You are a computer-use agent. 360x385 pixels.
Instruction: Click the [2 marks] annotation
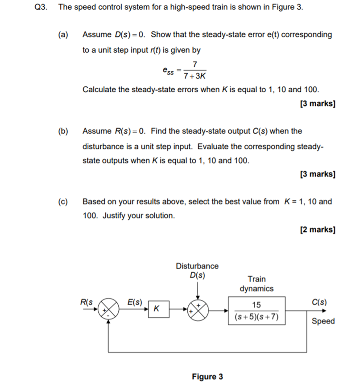(x=318, y=229)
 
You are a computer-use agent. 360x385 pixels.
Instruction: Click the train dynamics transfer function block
(x=257, y=311)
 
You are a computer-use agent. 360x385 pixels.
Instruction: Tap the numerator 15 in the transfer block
(x=257, y=305)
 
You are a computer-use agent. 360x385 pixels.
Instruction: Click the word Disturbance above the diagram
(x=197, y=266)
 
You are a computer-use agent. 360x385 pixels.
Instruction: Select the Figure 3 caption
(x=207, y=377)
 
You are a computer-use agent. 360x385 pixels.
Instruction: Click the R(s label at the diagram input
(x=86, y=302)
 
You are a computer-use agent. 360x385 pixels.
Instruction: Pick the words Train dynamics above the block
(x=257, y=283)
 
